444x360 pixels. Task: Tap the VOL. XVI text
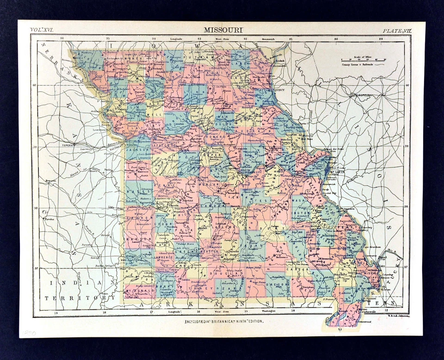[x=43, y=30]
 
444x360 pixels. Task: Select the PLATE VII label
[x=396, y=30]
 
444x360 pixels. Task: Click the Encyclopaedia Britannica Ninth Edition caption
[x=224, y=320]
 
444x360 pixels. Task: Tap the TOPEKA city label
[x=68, y=145]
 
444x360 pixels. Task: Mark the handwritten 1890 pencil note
[x=29, y=332]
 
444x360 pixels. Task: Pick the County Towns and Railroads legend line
[x=362, y=66]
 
